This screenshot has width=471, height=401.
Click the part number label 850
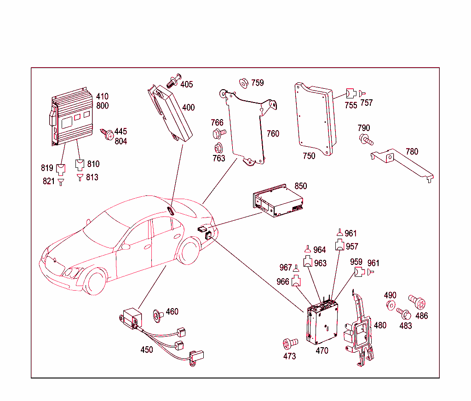(x=300, y=186)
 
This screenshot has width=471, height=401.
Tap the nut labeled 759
(x=243, y=83)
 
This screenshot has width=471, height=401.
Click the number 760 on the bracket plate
(x=273, y=134)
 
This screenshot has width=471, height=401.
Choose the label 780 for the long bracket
(x=412, y=151)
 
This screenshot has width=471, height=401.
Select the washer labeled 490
(x=391, y=306)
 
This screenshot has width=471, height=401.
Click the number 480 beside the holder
(x=380, y=326)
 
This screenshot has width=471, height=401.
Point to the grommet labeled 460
(x=157, y=315)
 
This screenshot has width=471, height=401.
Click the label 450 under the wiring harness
(x=147, y=350)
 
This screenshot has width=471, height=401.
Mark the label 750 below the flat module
(x=309, y=156)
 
